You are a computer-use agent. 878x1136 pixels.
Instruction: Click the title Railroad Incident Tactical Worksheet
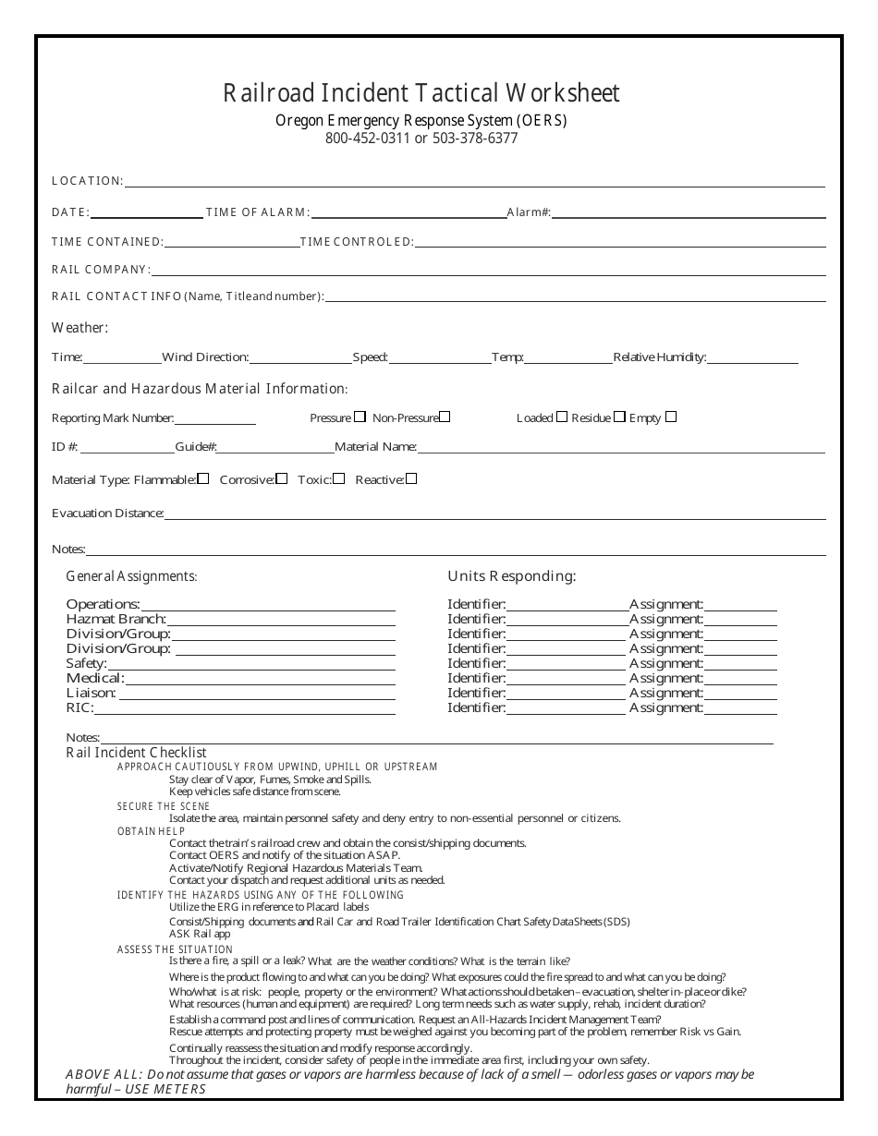tap(421, 92)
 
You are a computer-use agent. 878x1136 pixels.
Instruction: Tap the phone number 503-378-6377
tap(475, 139)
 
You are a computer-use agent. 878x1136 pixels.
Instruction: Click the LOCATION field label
tap(87, 181)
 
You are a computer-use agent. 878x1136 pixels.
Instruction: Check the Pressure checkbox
tap(360, 417)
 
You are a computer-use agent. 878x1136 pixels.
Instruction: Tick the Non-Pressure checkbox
tap(445, 417)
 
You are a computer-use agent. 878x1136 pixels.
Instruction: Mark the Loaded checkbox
tap(562, 417)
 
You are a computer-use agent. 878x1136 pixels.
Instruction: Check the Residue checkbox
tap(619, 417)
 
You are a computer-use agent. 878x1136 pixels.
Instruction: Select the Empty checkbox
tap(671, 417)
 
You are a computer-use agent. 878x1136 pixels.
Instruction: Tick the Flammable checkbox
tap(203, 478)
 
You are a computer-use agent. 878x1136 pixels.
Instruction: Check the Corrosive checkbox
tap(282, 478)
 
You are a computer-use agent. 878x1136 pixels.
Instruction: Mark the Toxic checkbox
tap(339, 478)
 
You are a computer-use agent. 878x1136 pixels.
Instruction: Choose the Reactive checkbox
tap(411, 478)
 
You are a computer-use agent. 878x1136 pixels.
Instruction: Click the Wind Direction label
tap(204, 357)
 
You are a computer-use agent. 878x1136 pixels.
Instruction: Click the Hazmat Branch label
tap(116, 619)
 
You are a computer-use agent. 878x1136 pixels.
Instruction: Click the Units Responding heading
tap(512, 576)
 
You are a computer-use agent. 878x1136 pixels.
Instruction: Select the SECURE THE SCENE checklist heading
tap(164, 806)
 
